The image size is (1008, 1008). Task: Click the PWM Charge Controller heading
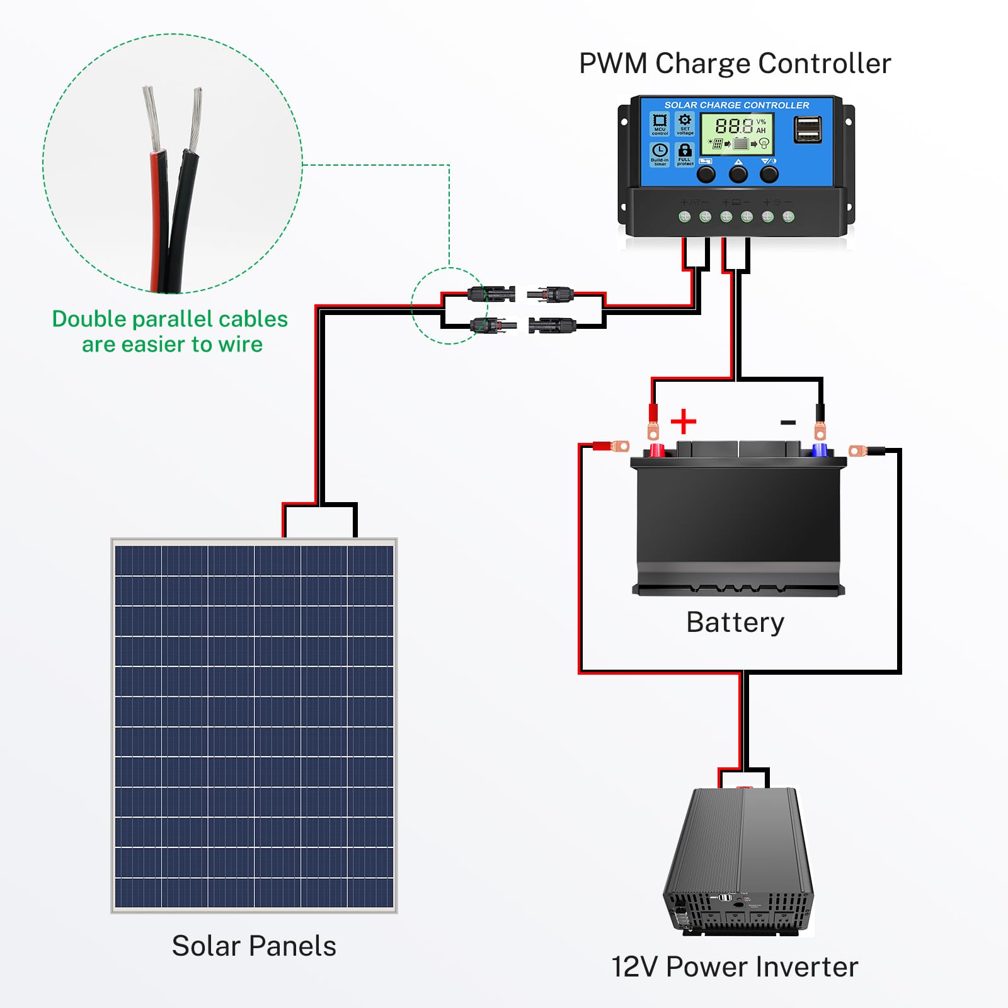click(735, 64)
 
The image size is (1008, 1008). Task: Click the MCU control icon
click(660, 123)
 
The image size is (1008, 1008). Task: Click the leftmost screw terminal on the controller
click(685, 217)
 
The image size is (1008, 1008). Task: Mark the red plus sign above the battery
click(684, 421)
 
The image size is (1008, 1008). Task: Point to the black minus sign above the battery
click(788, 422)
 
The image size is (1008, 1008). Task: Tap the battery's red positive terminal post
click(656, 450)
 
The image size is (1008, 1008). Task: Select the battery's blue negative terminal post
click(819, 450)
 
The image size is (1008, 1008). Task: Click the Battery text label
click(735, 622)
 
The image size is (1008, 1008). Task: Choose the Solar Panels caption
click(254, 946)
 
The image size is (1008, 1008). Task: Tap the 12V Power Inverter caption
click(735, 967)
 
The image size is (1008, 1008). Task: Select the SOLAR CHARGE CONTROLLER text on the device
click(736, 105)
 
